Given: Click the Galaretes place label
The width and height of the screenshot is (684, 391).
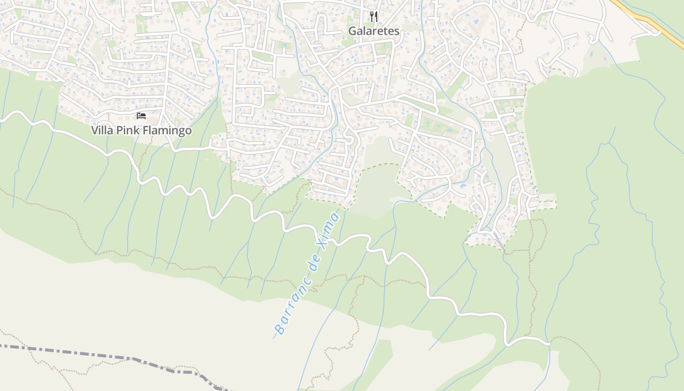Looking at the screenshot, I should pyautogui.click(x=374, y=31).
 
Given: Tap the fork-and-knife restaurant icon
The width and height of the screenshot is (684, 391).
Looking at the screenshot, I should pyautogui.click(x=374, y=17).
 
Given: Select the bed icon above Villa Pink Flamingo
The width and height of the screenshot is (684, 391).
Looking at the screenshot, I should pyautogui.click(x=141, y=116).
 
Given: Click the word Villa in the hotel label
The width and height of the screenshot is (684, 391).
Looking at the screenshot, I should pyautogui.click(x=102, y=130).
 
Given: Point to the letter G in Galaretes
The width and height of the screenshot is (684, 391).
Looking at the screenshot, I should pyautogui.click(x=352, y=31).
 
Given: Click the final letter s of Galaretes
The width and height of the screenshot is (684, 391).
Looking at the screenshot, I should pyautogui.click(x=397, y=31).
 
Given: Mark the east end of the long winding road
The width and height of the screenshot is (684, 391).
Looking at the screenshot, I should pyautogui.click(x=549, y=344).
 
